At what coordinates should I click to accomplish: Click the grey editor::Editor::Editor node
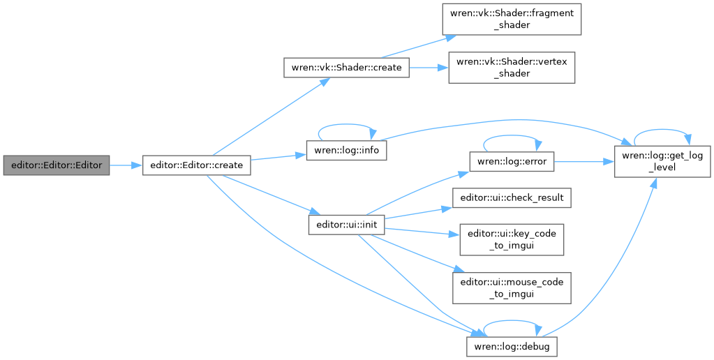coord(57,165)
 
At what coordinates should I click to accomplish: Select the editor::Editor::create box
coord(196,165)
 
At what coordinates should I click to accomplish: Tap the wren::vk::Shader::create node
coord(345,68)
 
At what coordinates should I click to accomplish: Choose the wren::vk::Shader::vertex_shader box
coord(512,67)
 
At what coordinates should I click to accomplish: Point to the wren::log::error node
coord(512,162)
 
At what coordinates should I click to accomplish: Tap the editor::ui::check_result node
coord(512,198)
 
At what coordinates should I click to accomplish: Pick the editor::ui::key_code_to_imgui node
coord(512,239)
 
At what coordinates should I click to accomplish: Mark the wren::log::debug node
coord(512,345)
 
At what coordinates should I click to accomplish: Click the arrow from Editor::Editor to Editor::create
coord(126,165)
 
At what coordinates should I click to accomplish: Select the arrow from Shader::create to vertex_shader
coord(428,68)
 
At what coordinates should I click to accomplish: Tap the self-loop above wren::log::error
coord(512,137)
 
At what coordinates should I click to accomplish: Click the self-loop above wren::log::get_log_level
coord(662,131)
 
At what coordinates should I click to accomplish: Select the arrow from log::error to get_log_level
coord(583,162)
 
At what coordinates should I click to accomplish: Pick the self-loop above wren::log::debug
coord(512,321)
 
